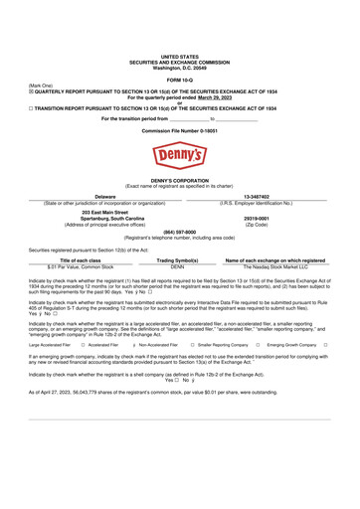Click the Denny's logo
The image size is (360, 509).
[180, 154]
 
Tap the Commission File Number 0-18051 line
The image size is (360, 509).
[180, 130]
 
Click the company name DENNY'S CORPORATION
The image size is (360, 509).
[180, 179]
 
